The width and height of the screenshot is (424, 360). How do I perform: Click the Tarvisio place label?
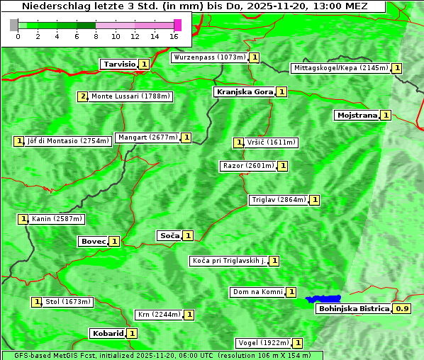pyautogui.click(x=119, y=64)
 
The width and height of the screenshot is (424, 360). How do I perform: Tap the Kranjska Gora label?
pyautogui.click(x=244, y=92)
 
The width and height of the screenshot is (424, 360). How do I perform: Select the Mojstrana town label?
pyautogui.click(x=357, y=115)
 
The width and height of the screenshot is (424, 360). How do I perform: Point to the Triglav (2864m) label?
pyautogui.click(x=279, y=200)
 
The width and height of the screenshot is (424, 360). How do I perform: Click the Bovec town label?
pyautogui.click(x=93, y=242)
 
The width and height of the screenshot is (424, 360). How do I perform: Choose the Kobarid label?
pyautogui.click(x=107, y=333)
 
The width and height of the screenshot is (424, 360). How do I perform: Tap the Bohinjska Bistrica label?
pyautogui.click(x=353, y=309)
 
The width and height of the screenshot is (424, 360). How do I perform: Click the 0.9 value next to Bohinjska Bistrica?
pyautogui.click(x=402, y=309)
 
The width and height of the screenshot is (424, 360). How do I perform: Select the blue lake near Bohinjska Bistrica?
pyautogui.click(x=323, y=299)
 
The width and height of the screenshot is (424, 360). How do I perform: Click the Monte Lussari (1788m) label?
pyautogui.click(x=131, y=96)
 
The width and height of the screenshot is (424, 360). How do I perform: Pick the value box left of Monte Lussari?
pyautogui.click(x=83, y=96)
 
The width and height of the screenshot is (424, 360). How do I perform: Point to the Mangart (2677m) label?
pyautogui.click(x=147, y=137)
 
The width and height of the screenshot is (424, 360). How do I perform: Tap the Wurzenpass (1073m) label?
pyautogui.click(x=210, y=57)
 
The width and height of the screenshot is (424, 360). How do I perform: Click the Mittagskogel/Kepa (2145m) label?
pyautogui.click(x=340, y=68)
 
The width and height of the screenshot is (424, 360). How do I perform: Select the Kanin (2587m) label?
pyautogui.click(x=57, y=219)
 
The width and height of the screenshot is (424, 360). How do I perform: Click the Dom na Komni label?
pyautogui.click(x=257, y=292)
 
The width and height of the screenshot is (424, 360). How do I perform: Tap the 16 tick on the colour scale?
pyautogui.click(x=174, y=36)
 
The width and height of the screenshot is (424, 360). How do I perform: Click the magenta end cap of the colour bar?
pyautogui.click(x=177, y=25)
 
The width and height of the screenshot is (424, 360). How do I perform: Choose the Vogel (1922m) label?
pyautogui.click(x=263, y=343)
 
